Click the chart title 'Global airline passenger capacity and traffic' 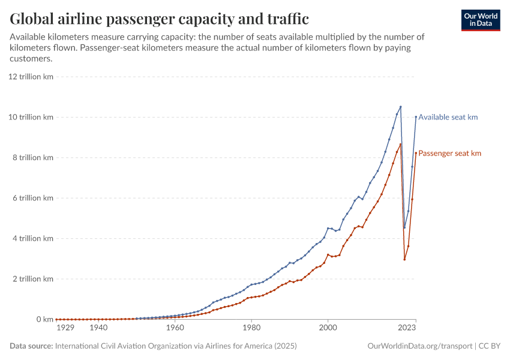pyautogui.click(x=160, y=19)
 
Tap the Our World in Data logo pyautogui.click(x=480, y=20)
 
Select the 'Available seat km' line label pyautogui.click(x=448, y=117)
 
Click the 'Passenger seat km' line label pyautogui.click(x=449, y=154)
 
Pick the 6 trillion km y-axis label pyautogui.click(x=34, y=198)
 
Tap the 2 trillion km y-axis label pyautogui.click(x=34, y=279)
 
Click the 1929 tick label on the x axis pyautogui.click(x=65, y=328)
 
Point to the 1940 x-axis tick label pyautogui.click(x=98, y=328)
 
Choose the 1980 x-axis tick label pyautogui.click(x=251, y=328)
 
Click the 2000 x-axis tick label pyautogui.click(x=328, y=328)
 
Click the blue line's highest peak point pyautogui.click(x=400, y=107)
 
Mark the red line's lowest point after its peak pyautogui.click(x=404, y=259)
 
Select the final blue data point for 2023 pyautogui.click(x=416, y=117)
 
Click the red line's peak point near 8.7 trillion pyautogui.click(x=400, y=144)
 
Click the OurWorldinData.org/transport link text pyautogui.click(x=419, y=346)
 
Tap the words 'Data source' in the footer pyautogui.click(x=31, y=346)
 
